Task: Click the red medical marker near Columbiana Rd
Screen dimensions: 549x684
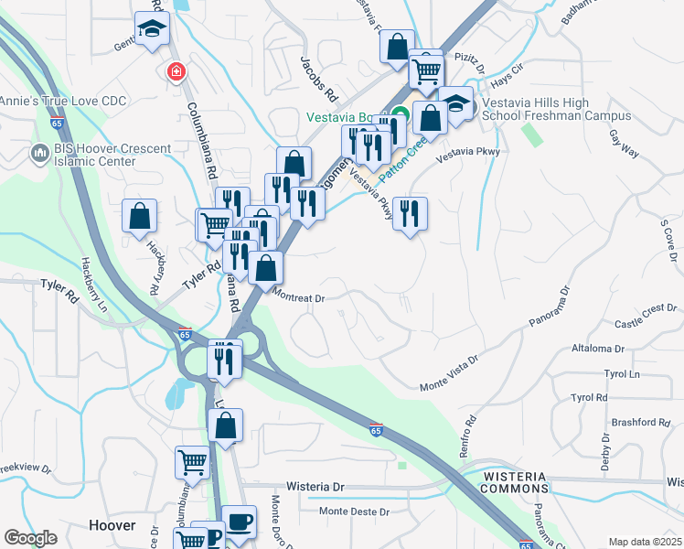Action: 174,71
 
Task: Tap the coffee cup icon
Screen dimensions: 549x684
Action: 239,522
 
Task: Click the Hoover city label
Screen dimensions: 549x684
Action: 112,525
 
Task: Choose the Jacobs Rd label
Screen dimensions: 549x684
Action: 318,81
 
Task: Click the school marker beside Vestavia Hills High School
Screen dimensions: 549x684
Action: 455,103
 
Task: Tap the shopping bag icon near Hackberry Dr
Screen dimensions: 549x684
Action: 139,217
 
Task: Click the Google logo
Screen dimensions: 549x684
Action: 30,538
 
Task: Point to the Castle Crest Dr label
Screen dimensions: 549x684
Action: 645,324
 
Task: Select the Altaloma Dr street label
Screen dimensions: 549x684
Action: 597,349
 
